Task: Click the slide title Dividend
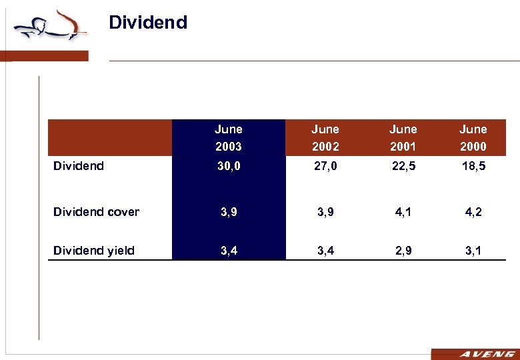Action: (x=148, y=23)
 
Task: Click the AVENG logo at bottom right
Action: (x=475, y=354)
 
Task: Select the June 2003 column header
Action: (x=229, y=137)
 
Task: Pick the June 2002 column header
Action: (x=325, y=137)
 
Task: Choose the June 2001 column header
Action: (x=403, y=137)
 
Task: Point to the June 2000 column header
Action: (x=473, y=137)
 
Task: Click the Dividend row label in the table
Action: (x=79, y=166)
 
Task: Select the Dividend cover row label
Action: (x=96, y=212)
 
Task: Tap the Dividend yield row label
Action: (x=94, y=251)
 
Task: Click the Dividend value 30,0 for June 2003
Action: (x=229, y=166)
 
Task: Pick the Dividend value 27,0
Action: (x=325, y=166)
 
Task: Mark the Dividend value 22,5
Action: (x=403, y=166)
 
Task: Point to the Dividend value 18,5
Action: (x=473, y=166)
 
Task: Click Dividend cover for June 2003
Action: (x=229, y=212)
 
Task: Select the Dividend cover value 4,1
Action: (x=403, y=212)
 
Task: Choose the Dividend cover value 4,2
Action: (x=473, y=212)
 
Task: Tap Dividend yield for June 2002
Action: (x=325, y=251)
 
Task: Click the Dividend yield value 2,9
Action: (x=403, y=251)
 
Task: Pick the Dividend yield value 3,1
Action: (x=473, y=251)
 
